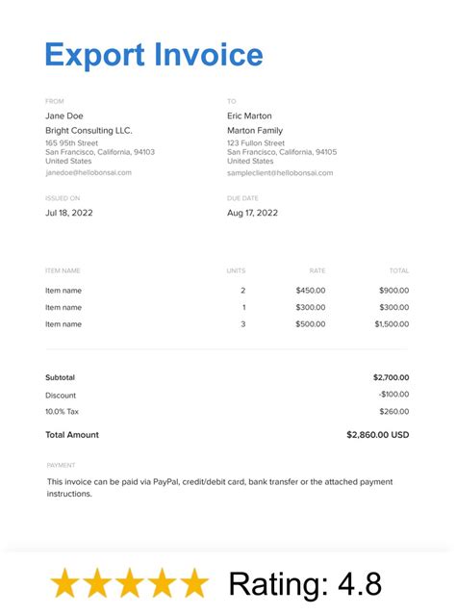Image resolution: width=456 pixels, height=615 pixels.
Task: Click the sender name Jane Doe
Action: click(x=64, y=115)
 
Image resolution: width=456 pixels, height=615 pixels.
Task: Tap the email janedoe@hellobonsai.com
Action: click(x=89, y=173)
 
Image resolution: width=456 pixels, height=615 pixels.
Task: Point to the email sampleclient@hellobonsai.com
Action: click(x=280, y=173)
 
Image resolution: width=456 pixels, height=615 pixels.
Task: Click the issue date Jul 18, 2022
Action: click(x=69, y=213)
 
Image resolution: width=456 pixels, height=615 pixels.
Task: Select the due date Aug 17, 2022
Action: click(x=252, y=213)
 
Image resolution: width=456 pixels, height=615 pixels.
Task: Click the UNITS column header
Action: click(x=236, y=271)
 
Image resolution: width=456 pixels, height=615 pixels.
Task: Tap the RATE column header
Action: click(x=317, y=271)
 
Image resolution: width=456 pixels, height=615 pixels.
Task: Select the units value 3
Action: click(x=242, y=324)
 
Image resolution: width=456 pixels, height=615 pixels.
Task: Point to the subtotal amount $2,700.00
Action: click(x=391, y=377)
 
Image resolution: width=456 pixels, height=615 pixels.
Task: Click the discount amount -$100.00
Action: click(x=393, y=396)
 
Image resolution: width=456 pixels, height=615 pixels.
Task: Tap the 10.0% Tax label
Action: click(x=63, y=412)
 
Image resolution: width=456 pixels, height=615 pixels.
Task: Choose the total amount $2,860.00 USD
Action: click(x=377, y=435)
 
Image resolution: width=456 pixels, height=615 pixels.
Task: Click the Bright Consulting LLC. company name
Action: click(x=89, y=131)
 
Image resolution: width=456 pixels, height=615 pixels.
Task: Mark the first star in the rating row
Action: click(x=65, y=583)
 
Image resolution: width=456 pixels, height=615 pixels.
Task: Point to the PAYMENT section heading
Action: click(x=61, y=465)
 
